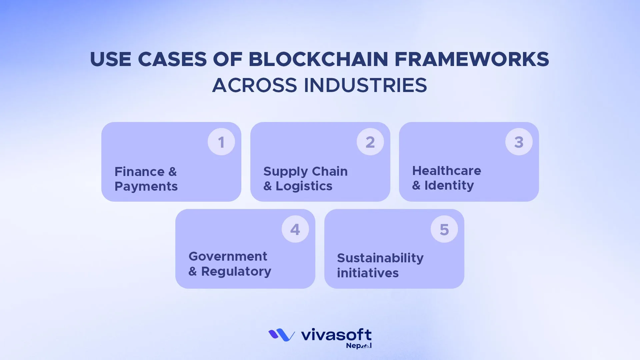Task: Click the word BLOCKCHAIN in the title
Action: [x=318, y=59]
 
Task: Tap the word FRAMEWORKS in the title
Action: [x=472, y=59]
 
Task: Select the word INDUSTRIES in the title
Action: [x=365, y=85]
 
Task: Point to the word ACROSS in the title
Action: [x=254, y=85]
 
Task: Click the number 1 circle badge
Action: [x=221, y=142]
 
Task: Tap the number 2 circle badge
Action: [x=370, y=142]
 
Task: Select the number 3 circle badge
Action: [x=519, y=142]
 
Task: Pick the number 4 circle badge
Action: [x=295, y=229]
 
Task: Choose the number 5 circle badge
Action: [x=444, y=229]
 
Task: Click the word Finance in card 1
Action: [x=139, y=172]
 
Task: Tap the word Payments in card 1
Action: [x=146, y=186]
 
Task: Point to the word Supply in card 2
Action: [x=285, y=172]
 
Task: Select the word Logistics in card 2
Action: [x=304, y=186]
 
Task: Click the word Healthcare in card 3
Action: [x=447, y=171]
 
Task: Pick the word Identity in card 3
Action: [x=449, y=185]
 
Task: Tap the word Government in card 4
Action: [x=228, y=256]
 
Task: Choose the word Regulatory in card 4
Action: [x=236, y=271]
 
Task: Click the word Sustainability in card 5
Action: [x=380, y=258]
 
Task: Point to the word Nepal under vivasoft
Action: [x=358, y=346]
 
